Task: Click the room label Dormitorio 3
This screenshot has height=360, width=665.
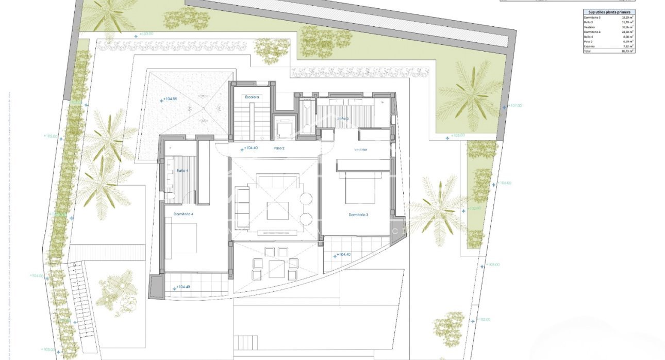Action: click(358, 215)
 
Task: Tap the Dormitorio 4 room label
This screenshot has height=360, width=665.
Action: click(183, 214)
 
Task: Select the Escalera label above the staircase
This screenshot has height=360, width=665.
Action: click(252, 97)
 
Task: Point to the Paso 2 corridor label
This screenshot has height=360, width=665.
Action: click(279, 148)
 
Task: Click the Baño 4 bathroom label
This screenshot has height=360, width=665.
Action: click(182, 170)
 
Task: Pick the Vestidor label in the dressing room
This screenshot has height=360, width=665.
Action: click(361, 150)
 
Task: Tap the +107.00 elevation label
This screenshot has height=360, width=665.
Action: click(514, 105)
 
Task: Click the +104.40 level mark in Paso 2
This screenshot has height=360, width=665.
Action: click(249, 149)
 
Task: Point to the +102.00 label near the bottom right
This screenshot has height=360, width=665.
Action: click(484, 319)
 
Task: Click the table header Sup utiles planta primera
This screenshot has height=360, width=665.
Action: click(606, 12)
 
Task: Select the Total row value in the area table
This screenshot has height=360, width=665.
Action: click(627, 51)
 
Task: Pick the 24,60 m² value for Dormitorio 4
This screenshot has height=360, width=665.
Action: click(627, 32)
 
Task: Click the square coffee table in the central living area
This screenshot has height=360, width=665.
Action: click(277, 210)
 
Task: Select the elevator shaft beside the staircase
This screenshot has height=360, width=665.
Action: click(284, 126)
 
